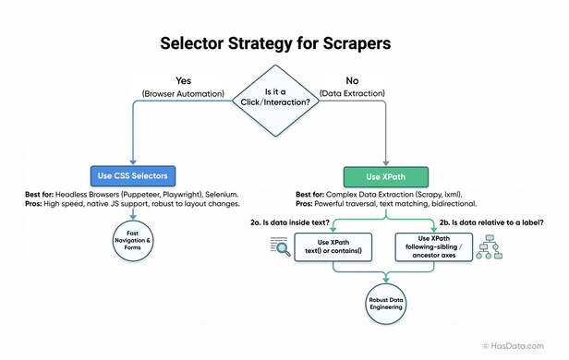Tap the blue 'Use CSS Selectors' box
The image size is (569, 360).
click(134, 174)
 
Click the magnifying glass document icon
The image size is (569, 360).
click(279, 246)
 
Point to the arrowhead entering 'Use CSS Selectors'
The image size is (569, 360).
click(134, 160)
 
